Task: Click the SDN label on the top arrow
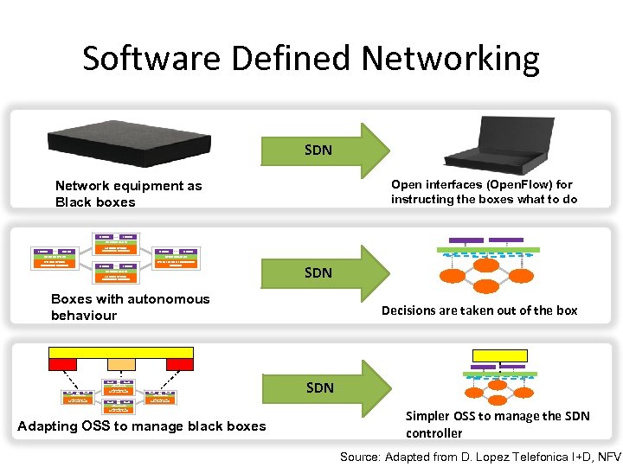(x=318, y=150)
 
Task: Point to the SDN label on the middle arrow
(x=318, y=272)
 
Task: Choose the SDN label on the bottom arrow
(x=319, y=387)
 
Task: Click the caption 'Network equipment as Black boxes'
(x=128, y=194)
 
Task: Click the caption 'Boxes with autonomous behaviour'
(x=130, y=307)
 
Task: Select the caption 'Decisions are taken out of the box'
(x=479, y=310)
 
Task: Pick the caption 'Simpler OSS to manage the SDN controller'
(x=497, y=424)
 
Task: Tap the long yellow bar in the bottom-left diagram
(x=121, y=352)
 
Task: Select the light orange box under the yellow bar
(x=120, y=365)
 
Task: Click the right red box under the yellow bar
(x=178, y=365)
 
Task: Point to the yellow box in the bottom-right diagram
(x=499, y=355)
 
